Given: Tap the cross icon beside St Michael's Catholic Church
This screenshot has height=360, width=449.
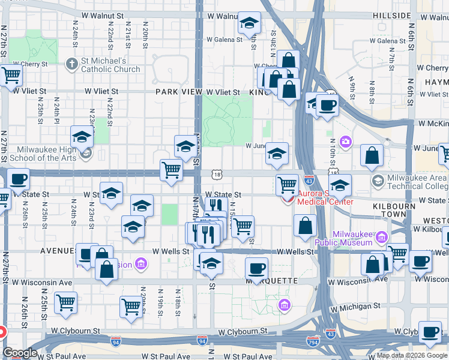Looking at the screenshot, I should (x=71, y=62).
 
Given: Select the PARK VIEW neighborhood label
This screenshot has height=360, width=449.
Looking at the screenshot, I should (x=178, y=92).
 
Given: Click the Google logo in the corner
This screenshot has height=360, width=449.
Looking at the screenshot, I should (x=20, y=353).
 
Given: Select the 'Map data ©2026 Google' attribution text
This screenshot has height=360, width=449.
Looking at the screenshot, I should (x=411, y=355).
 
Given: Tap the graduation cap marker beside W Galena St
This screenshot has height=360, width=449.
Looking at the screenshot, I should (x=249, y=24).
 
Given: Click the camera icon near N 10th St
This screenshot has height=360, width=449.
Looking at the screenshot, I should (x=346, y=142).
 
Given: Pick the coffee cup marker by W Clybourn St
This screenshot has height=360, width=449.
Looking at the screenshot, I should (x=430, y=332).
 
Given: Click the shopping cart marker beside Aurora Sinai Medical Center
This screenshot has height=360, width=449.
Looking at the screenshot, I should (x=288, y=184).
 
